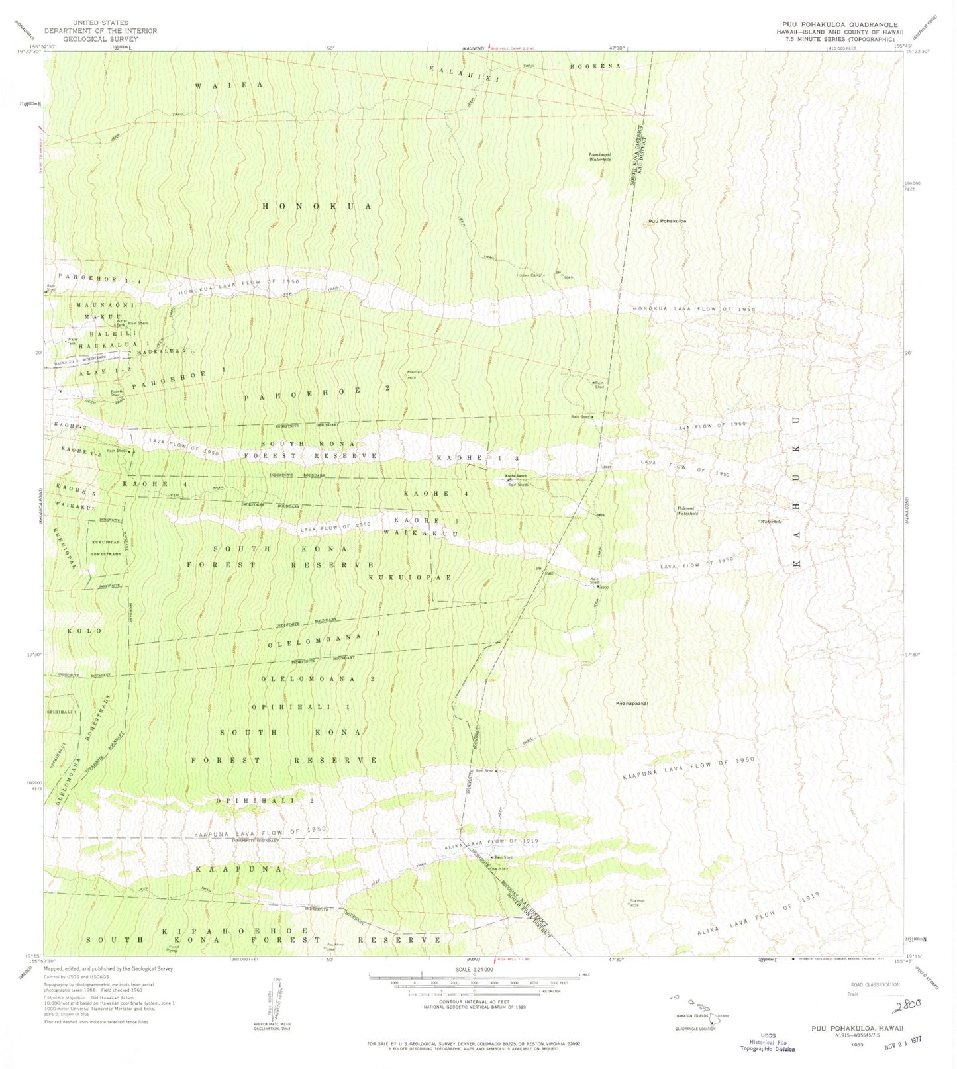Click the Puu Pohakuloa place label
[x=667, y=221]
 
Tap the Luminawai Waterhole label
[x=599, y=157]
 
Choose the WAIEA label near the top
[x=229, y=85]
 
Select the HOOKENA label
[x=595, y=67]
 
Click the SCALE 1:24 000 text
[x=474, y=969]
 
